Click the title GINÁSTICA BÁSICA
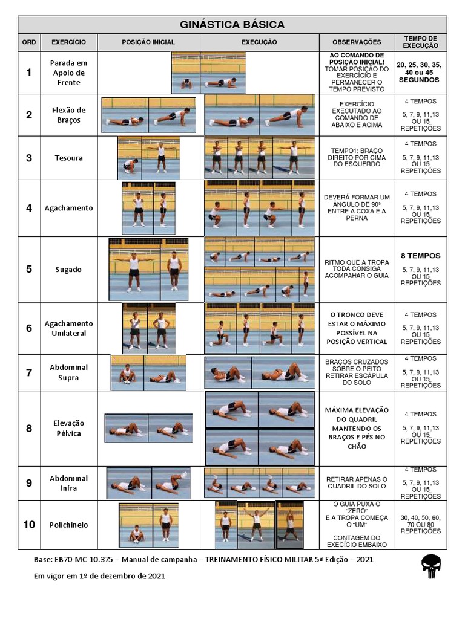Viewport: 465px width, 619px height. pos(232,24)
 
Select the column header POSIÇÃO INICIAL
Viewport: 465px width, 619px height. pos(148,42)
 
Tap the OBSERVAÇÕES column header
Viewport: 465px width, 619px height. pos(357,42)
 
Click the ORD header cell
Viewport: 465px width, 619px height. pos(29,42)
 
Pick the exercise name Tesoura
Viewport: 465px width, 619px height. pos(68,158)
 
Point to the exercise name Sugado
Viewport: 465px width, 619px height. pos(68,270)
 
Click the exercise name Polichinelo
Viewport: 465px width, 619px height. pos(68,525)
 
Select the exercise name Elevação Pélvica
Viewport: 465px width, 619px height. pos(68,428)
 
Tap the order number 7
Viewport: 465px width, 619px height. pos(29,372)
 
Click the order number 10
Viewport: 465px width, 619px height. pos(29,525)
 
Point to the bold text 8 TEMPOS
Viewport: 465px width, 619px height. pos(421,256)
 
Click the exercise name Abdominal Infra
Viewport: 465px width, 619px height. pos(68,482)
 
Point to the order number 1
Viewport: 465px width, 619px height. pos(29,73)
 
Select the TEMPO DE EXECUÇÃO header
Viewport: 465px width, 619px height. pos(421,42)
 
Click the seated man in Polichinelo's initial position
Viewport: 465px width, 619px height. pos(137,534)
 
